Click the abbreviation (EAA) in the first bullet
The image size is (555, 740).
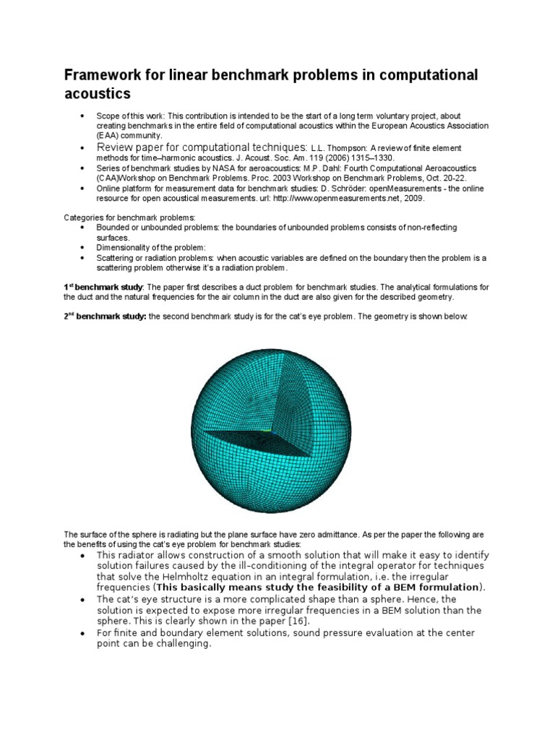[109, 135]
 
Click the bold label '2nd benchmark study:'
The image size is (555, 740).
[106, 317]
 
